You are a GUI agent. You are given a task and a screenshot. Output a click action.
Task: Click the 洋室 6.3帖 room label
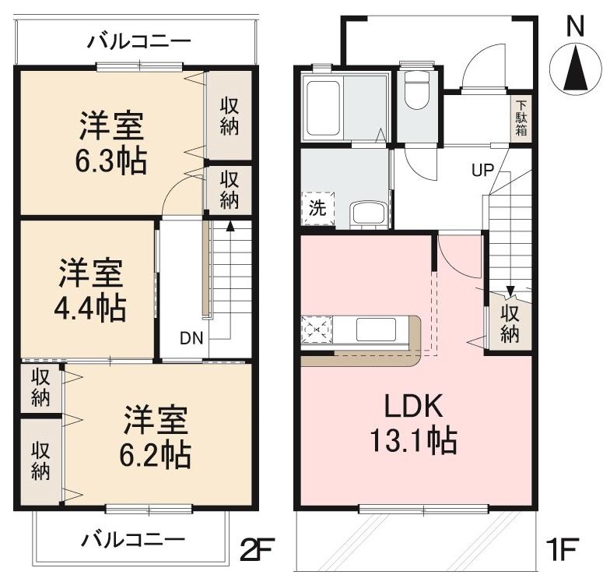coord(111,143)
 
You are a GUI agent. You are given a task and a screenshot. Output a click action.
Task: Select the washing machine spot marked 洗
coord(317,209)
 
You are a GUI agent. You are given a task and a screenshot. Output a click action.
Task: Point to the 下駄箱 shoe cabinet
coord(521,118)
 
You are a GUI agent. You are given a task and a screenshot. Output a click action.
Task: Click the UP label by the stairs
coord(482,169)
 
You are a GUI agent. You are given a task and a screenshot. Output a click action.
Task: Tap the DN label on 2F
coord(191,339)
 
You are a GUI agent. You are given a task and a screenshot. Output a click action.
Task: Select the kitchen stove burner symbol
coord(317,330)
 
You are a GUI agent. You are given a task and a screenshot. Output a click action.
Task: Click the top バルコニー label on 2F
coord(138,41)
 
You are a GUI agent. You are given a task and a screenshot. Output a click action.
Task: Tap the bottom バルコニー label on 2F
coord(133,538)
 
